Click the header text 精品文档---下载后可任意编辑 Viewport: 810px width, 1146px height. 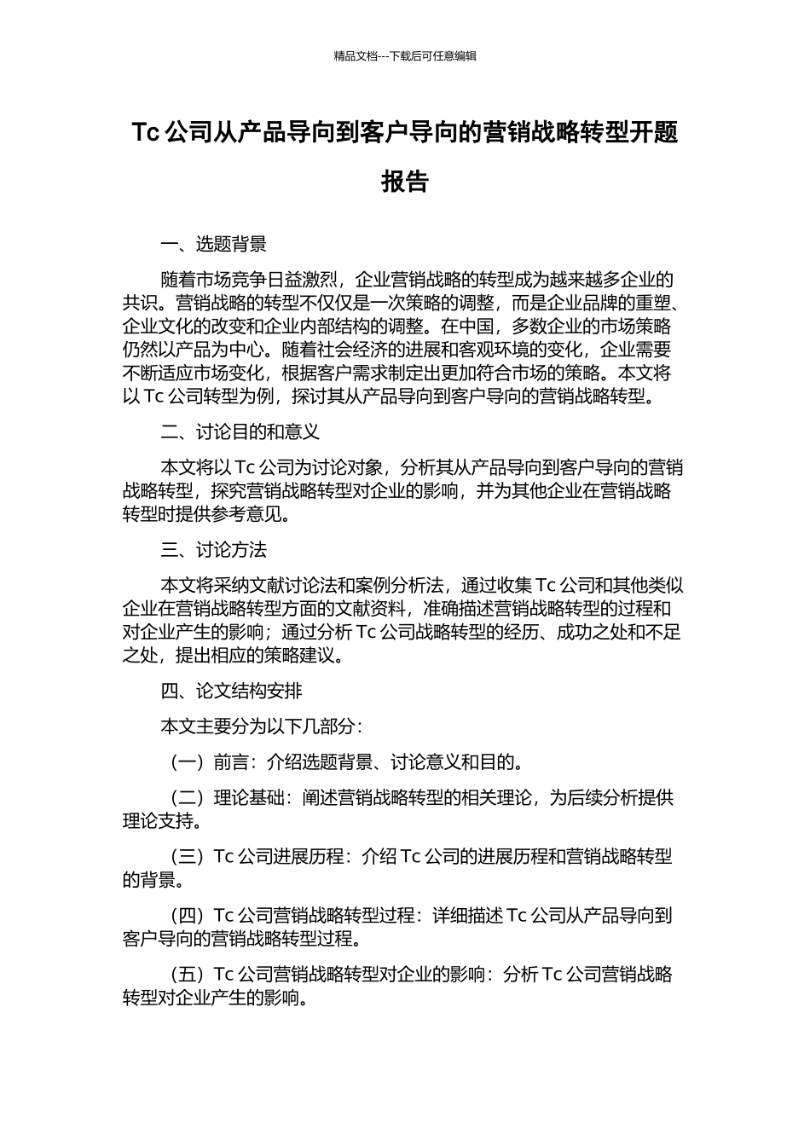click(x=405, y=56)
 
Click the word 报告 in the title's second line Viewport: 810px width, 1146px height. click(x=405, y=182)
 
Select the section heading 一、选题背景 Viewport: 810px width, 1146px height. click(x=213, y=245)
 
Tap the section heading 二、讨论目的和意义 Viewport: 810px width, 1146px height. click(x=240, y=432)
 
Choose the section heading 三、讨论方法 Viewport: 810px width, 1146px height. click(x=213, y=550)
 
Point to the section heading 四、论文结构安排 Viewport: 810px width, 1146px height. click(x=231, y=691)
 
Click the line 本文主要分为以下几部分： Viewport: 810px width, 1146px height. click(x=262, y=726)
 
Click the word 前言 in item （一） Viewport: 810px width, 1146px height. click(x=231, y=762)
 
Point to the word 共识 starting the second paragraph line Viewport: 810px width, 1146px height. click(x=140, y=303)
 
